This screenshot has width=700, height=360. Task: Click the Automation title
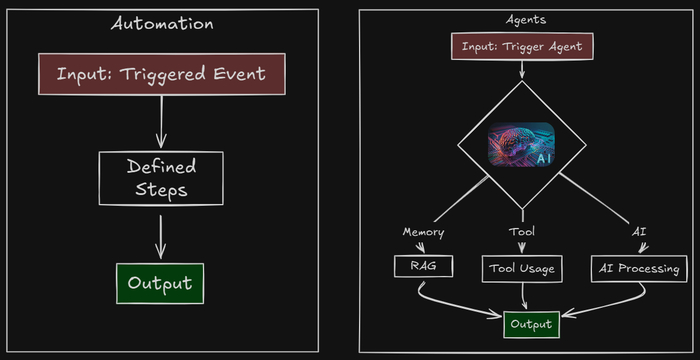pos(162,24)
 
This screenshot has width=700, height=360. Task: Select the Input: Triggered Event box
pos(161,74)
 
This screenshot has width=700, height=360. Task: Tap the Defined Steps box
pos(161,178)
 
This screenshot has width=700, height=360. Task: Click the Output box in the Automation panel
pos(160,283)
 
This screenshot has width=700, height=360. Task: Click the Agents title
pos(526,19)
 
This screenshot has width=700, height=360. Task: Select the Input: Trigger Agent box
pos(522,47)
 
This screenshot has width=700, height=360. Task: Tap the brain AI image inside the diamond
pos(521,144)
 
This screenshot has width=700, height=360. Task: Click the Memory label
pos(423,232)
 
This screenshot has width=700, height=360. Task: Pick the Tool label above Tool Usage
pos(522,232)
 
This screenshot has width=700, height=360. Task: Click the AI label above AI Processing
pos(639,232)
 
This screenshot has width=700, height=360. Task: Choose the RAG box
pos(423,266)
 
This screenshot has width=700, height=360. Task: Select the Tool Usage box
pos(522,269)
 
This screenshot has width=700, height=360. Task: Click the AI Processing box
pos(639,269)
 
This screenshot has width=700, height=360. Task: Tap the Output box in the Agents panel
pos(531,325)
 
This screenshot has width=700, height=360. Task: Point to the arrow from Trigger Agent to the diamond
pos(522,69)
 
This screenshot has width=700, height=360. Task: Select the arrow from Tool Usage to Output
pos(523,296)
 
